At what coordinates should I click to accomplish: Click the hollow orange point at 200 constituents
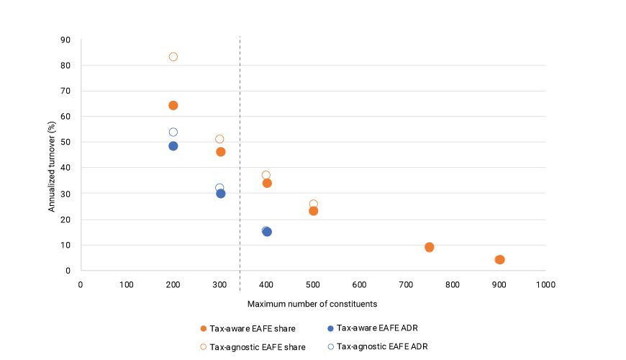(x=173, y=53)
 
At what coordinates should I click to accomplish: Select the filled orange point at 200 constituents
(x=173, y=106)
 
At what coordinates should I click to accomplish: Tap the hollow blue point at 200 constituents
(x=173, y=128)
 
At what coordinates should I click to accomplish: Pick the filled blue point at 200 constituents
(x=173, y=146)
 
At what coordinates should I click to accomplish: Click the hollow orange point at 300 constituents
(x=219, y=135)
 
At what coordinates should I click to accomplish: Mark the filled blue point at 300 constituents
(x=221, y=194)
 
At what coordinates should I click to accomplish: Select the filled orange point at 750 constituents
(x=429, y=248)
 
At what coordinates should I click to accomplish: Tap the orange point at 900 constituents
(x=499, y=260)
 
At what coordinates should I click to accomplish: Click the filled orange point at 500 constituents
(x=314, y=211)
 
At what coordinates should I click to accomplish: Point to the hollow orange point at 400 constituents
(x=266, y=171)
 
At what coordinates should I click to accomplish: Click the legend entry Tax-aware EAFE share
(x=248, y=328)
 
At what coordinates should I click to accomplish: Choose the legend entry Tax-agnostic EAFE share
(x=253, y=347)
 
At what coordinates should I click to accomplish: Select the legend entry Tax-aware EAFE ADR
(x=373, y=328)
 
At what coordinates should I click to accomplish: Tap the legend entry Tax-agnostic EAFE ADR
(x=378, y=346)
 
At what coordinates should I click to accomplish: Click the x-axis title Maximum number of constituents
(x=312, y=304)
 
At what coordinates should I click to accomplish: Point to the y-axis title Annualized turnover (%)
(x=52, y=166)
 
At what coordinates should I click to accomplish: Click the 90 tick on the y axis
(x=65, y=40)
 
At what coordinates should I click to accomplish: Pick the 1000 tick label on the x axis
(x=545, y=284)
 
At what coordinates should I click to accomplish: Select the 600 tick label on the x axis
(x=359, y=284)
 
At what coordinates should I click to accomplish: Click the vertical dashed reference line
(x=240, y=164)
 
